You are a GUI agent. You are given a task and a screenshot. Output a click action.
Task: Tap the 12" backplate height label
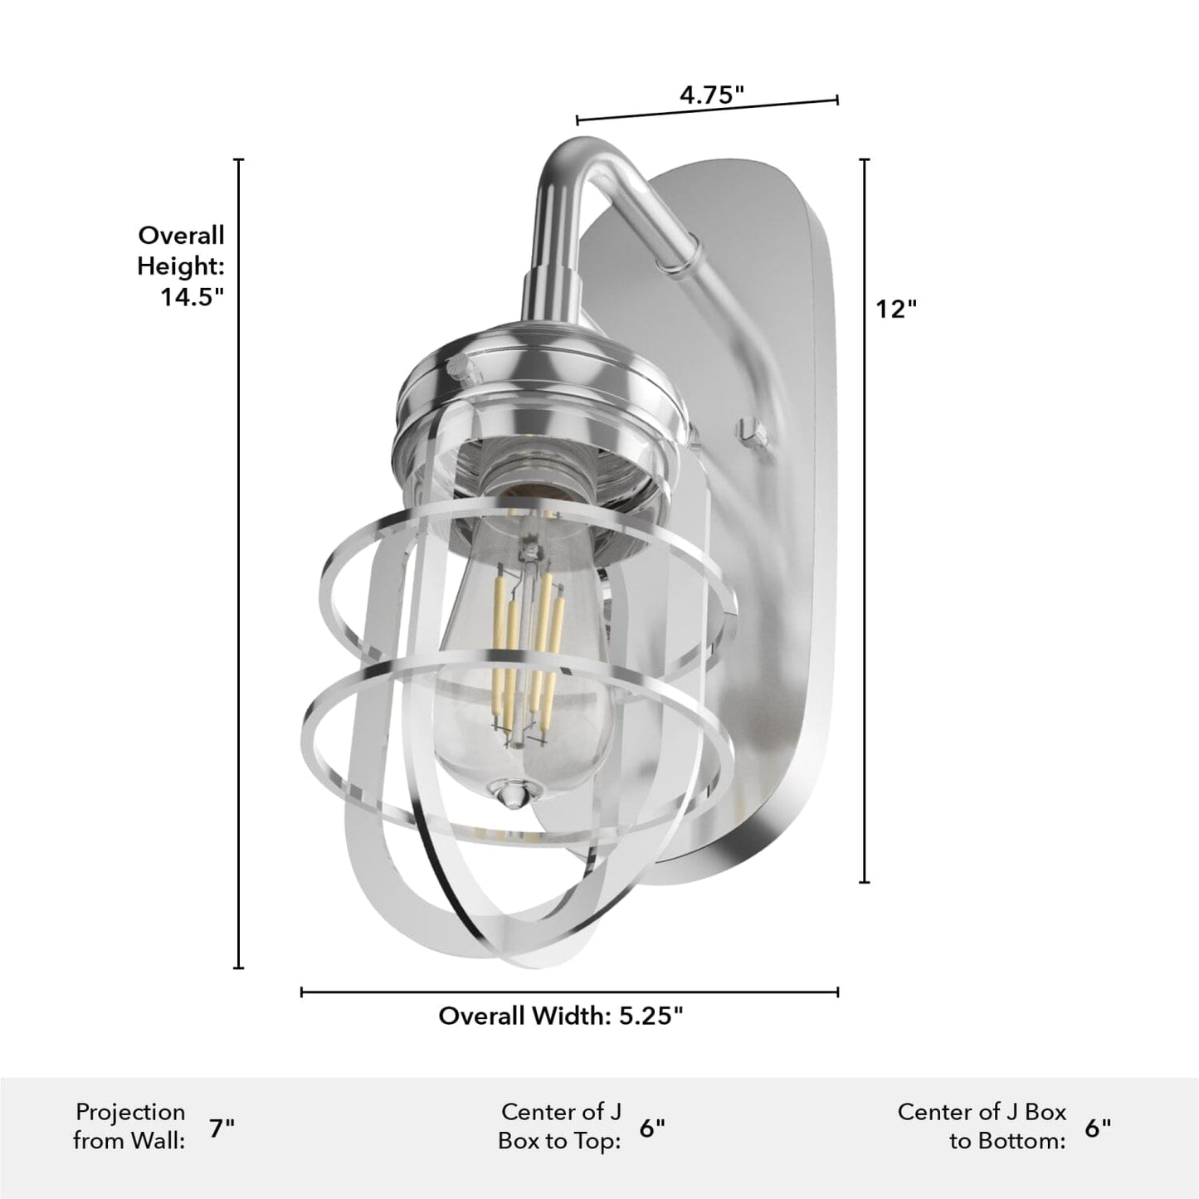(896, 309)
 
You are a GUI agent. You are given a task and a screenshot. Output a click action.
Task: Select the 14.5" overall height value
(193, 296)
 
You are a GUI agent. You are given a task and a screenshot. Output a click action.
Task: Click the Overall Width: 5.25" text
(560, 1016)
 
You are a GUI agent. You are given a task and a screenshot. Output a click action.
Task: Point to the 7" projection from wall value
(222, 1128)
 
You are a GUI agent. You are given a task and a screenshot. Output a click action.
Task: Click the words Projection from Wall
(129, 1126)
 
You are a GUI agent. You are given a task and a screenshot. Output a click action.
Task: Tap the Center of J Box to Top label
(560, 1126)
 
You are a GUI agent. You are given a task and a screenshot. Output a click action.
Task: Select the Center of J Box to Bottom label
(982, 1126)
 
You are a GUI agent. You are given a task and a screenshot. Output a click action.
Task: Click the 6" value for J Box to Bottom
(1098, 1128)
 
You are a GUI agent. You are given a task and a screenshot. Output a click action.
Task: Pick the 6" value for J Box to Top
(652, 1128)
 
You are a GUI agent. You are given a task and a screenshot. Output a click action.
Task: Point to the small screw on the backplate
(748, 429)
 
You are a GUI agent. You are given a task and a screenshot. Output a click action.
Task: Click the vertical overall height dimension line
(240, 564)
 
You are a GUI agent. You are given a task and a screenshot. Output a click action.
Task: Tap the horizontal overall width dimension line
(569, 991)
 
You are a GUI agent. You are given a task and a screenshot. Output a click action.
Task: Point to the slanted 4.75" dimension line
(707, 110)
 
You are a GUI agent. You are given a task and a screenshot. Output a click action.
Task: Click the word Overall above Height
(181, 236)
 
